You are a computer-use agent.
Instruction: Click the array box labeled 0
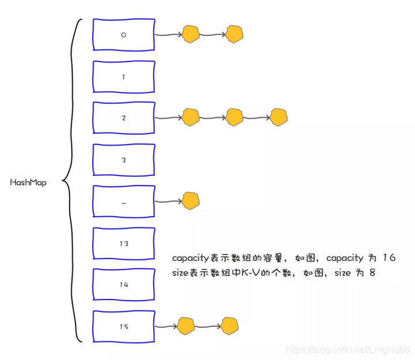coord(123,35)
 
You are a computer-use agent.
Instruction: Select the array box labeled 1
coord(123,77)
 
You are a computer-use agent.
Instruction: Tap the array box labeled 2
coord(123,118)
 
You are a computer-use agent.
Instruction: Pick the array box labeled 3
coord(123,160)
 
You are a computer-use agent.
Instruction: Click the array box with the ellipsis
coord(123,202)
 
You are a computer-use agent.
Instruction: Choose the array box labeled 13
coord(123,244)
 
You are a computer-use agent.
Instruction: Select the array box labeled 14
coord(123,285)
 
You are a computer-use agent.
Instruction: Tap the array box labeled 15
coord(123,327)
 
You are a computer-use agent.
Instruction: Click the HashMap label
coord(28,182)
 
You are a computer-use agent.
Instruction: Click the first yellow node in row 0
coord(191,35)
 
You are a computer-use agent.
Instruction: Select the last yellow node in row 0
coord(235,35)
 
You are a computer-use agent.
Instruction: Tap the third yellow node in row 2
coord(278,118)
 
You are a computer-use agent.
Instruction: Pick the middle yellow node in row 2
coord(235,118)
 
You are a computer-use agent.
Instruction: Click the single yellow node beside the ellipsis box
coord(191,201)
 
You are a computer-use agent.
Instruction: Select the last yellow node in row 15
coord(230,326)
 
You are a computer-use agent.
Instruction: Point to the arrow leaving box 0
coord(168,35)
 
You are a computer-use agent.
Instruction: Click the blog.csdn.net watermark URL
coord(348,350)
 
